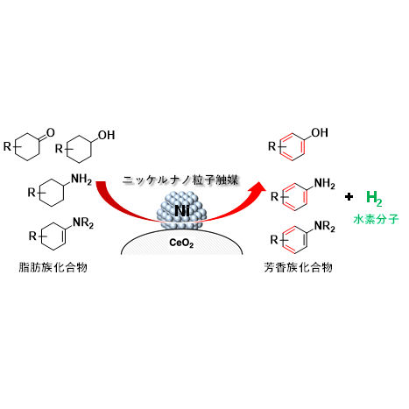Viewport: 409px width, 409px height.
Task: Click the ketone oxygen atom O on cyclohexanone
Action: click(x=51, y=133)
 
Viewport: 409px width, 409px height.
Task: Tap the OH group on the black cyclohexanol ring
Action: click(x=107, y=135)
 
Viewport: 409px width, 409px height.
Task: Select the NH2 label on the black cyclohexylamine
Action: click(x=81, y=179)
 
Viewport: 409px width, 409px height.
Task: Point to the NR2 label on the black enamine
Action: click(x=83, y=222)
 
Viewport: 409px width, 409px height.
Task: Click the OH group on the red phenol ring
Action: click(x=320, y=133)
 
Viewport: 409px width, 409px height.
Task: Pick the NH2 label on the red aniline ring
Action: click(x=325, y=184)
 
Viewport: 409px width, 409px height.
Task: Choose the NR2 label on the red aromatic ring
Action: click(x=325, y=227)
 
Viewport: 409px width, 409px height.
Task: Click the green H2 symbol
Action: click(x=374, y=198)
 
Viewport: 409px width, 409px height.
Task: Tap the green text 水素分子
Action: click(x=376, y=219)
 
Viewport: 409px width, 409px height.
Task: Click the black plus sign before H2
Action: click(x=349, y=197)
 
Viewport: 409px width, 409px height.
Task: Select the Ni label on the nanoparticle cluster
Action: click(x=182, y=210)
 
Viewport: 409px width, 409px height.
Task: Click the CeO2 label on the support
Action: click(x=181, y=243)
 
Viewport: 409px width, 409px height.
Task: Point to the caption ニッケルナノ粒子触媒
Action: click(x=180, y=180)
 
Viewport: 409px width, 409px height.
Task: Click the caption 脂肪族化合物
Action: click(x=53, y=267)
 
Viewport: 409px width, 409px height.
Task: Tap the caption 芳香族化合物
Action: click(x=298, y=267)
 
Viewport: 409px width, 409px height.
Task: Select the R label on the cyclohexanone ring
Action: click(x=7, y=146)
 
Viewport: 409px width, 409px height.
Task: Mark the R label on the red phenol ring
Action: click(x=272, y=146)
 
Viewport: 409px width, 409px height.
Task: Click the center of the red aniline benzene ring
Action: click(x=295, y=197)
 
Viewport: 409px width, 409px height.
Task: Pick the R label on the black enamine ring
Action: click(x=32, y=236)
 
